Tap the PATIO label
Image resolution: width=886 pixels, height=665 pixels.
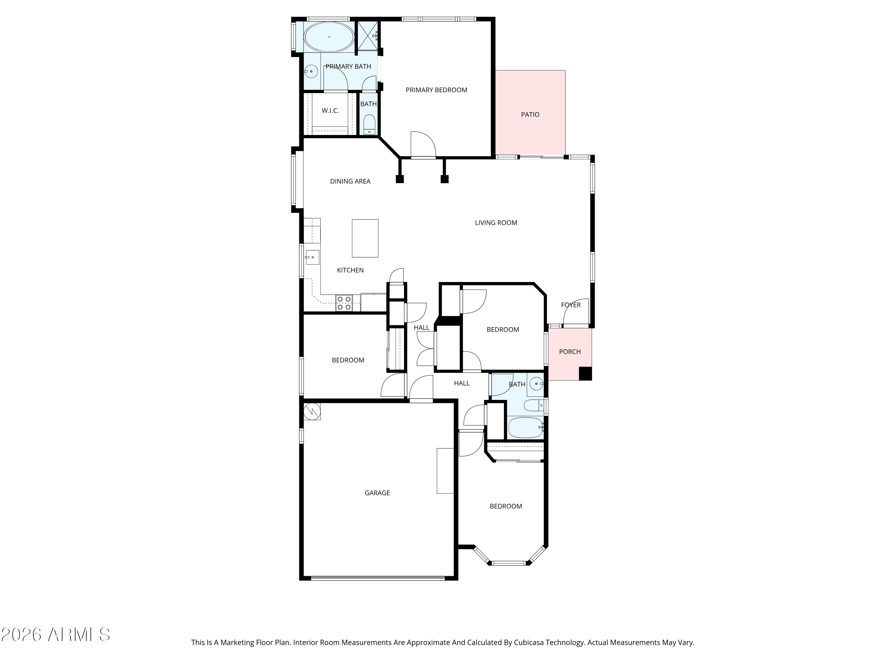(x=530, y=115)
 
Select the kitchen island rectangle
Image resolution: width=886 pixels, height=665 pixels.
(x=365, y=238)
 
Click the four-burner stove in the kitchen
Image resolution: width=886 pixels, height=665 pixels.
(x=344, y=303)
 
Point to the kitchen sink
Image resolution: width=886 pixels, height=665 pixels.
(x=312, y=257)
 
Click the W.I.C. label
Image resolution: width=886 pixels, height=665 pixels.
(x=330, y=111)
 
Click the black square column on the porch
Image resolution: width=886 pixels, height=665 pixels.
(x=585, y=374)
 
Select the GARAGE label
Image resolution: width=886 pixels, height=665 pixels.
(x=377, y=493)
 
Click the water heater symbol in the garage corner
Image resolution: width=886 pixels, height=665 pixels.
(x=312, y=411)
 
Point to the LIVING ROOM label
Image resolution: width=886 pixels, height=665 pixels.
(x=496, y=223)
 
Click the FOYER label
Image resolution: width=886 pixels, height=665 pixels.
(x=571, y=305)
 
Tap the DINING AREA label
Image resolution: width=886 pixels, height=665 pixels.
(x=350, y=181)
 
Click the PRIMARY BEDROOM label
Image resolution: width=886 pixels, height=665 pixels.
(x=436, y=90)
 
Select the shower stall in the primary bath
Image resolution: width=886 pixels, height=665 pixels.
(x=367, y=36)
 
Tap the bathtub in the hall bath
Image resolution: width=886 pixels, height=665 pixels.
(x=525, y=428)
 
